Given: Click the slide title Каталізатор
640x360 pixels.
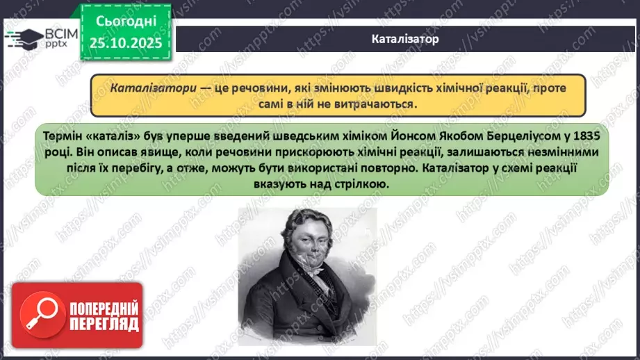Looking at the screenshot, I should pyautogui.click(x=405, y=39).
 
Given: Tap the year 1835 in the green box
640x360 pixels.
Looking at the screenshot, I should pyautogui.click(x=589, y=134).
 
